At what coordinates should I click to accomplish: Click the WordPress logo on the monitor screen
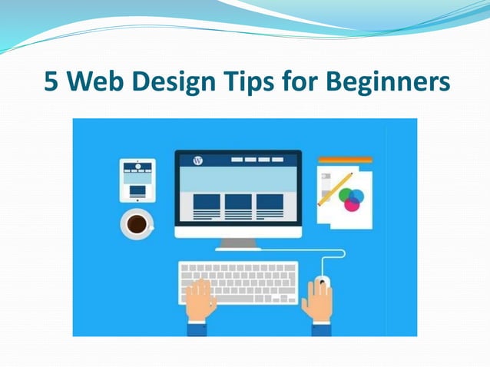pyautogui.click(x=197, y=160)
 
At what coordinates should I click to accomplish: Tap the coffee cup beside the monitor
pyautogui.click(x=137, y=223)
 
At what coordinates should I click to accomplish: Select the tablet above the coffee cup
pyautogui.click(x=137, y=180)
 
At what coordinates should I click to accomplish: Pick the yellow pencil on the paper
pyautogui.click(x=335, y=190)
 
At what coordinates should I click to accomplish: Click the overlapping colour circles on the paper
pyautogui.click(x=351, y=198)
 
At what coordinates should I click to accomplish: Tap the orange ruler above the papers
pyautogui.click(x=345, y=160)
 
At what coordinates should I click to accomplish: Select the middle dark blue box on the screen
pyautogui.click(x=237, y=202)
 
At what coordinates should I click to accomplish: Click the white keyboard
pyautogui.click(x=238, y=282)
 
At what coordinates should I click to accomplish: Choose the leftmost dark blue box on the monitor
pyautogui.click(x=206, y=202)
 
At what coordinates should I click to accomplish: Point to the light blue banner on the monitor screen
pyautogui.click(x=237, y=178)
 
